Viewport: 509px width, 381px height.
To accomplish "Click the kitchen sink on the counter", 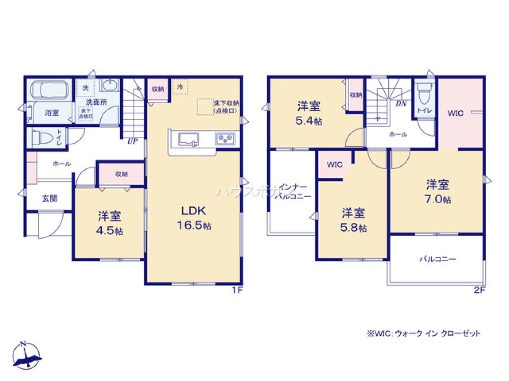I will pos(186,138).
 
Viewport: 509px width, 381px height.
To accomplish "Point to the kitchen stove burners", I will pos(224,138).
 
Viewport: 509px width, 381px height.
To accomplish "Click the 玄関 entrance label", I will pos(49,198).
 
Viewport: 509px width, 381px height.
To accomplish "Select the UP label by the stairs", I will pos(132,142).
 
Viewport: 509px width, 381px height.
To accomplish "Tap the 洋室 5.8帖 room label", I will pos(353,219).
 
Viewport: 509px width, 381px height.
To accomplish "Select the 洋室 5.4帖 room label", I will pos(309,113).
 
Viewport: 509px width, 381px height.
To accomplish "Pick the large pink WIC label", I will pos(456,113).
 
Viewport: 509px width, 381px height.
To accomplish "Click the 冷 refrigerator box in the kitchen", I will pos(180,87).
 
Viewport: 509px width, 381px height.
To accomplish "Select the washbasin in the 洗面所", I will pos(109,85).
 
